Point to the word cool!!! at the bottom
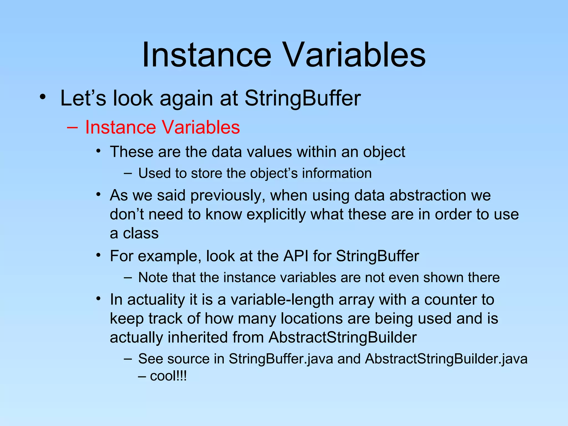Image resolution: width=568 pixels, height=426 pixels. coord(168,376)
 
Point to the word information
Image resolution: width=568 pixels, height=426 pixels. coord(337,173)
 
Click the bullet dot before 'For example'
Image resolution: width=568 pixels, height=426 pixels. coord(98,255)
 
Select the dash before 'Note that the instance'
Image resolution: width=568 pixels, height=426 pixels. coord(128,277)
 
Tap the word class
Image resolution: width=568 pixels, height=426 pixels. coord(141,233)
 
